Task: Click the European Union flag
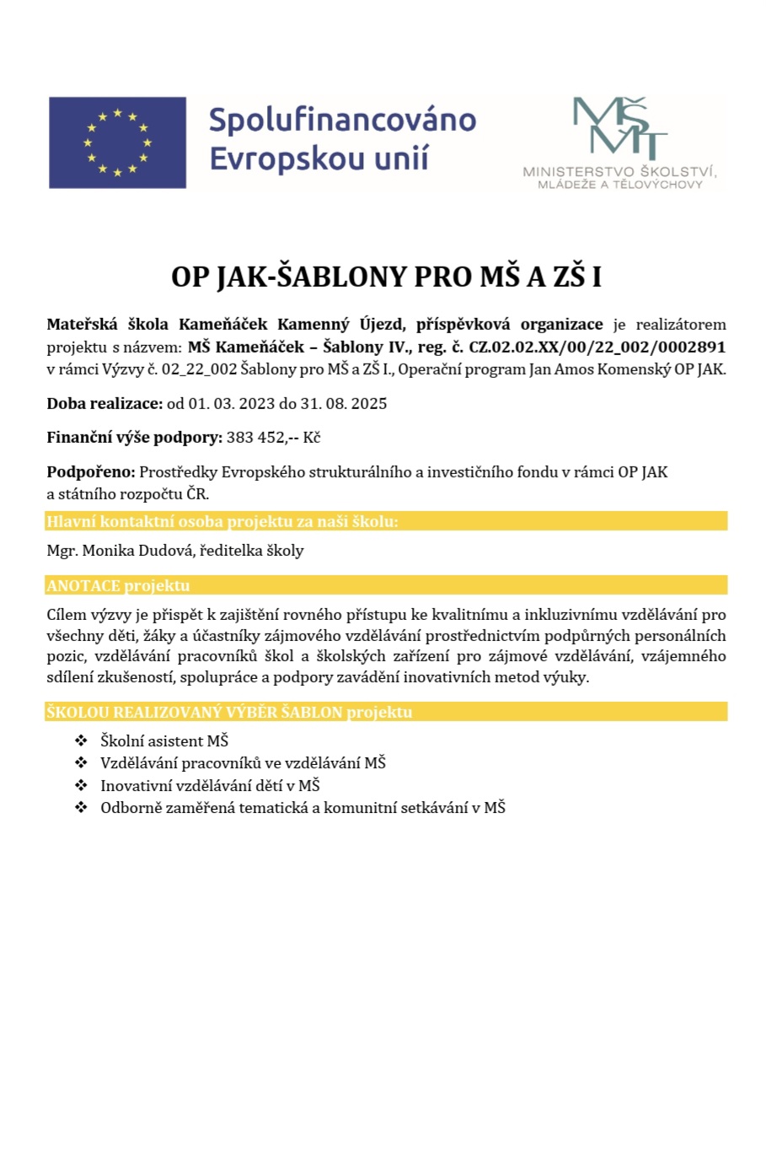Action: pos(117,143)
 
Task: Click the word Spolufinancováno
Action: pos(342,120)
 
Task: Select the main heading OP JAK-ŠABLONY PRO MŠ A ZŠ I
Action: pos(386,277)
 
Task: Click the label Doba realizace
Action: pos(104,403)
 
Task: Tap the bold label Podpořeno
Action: pos(90,471)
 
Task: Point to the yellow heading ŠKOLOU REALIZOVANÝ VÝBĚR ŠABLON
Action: pos(229,712)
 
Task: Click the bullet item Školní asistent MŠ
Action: pos(164,741)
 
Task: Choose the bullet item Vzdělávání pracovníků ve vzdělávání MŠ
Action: pos(243,762)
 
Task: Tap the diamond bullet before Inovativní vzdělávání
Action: pos(81,785)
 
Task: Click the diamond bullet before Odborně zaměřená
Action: pos(81,807)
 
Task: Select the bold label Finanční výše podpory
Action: pos(134,437)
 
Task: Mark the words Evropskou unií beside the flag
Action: pos(319,159)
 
